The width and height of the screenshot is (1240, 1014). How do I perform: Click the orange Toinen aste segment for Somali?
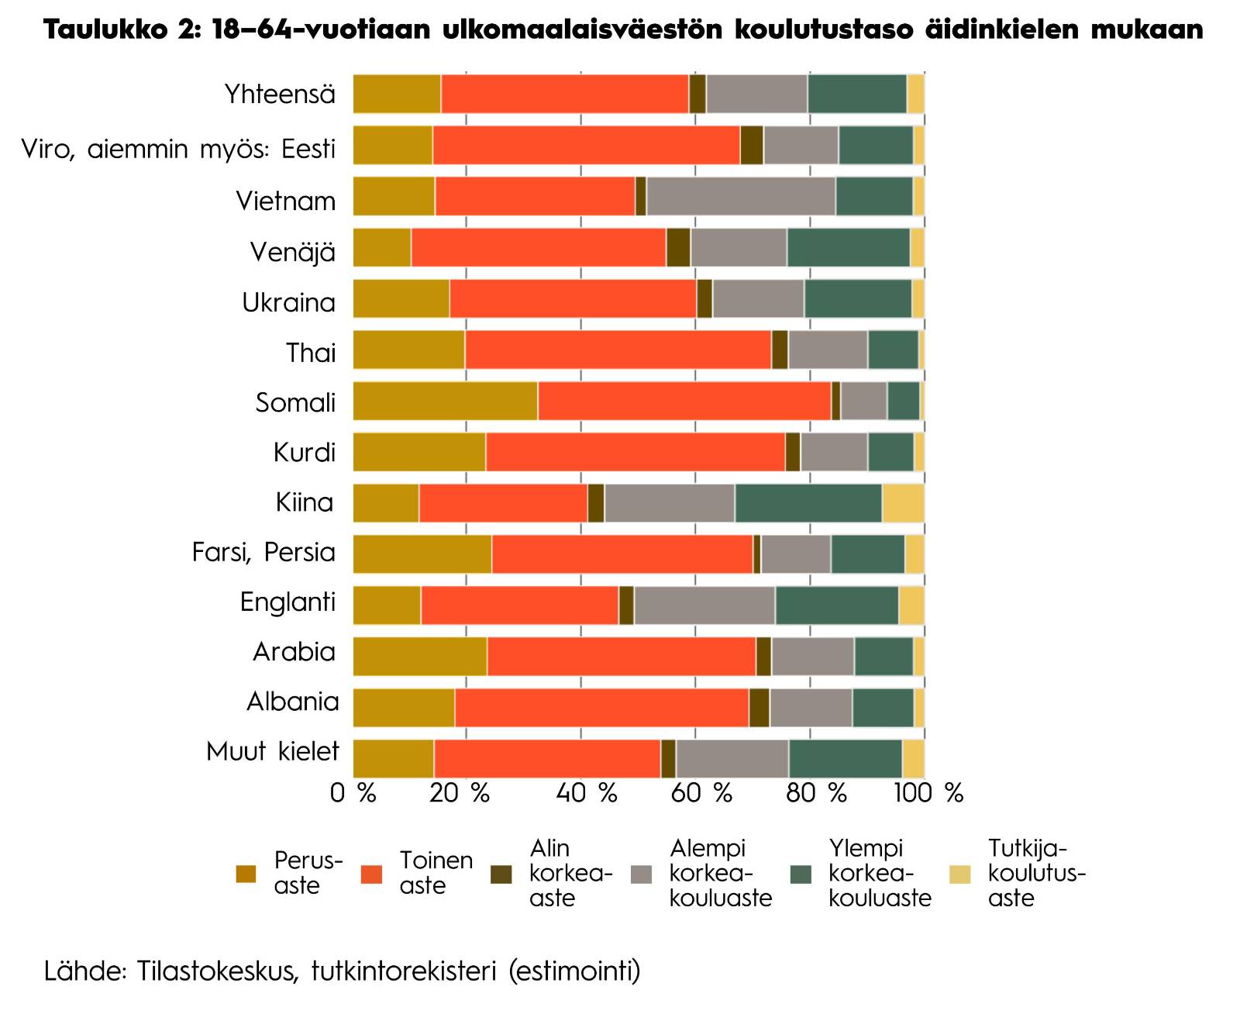point(684,401)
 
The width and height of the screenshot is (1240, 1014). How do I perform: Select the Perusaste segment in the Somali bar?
point(446,401)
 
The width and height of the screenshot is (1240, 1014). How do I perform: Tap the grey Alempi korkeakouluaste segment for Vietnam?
point(741,196)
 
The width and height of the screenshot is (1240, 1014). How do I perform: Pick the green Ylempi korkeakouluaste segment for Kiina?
point(808,503)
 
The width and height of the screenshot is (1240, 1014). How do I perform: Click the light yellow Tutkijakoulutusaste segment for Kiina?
point(903,503)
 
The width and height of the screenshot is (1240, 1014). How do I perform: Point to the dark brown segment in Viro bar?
point(752,145)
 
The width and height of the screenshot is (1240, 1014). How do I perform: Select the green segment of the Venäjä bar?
point(849,247)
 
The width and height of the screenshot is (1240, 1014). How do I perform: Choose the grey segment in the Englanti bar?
point(704,605)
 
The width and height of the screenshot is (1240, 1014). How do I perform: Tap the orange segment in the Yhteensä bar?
point(565,94)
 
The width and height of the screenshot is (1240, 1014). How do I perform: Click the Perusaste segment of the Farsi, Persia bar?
point(422,554)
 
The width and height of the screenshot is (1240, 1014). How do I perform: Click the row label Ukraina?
point(289,302)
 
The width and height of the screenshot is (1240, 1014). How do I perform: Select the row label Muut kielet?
point(273,752)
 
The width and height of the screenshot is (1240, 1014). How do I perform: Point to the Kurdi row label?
point(305,452)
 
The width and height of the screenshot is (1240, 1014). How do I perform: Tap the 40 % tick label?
point(587,793)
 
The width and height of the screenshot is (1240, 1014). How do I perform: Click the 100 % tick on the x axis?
point(929,793)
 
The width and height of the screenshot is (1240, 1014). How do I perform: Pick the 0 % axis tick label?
point(353,793)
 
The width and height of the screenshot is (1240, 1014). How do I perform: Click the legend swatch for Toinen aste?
point(372,874)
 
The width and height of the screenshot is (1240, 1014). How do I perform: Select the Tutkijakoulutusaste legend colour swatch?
point(960,874)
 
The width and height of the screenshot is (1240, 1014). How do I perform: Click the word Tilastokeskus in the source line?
point(216,971)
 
